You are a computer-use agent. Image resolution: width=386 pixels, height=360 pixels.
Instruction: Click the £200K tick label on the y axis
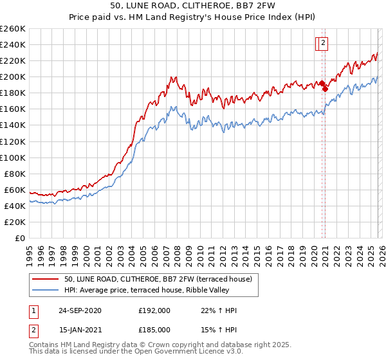click(13, 76)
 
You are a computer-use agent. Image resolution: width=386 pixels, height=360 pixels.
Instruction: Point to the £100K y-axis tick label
click(13, 157)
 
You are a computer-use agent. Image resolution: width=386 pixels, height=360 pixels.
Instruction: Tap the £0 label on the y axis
click(19, 238)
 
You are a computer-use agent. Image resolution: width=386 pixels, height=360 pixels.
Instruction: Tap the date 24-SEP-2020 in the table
click(79, 310)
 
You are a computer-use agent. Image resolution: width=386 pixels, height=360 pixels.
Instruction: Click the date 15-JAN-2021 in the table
click(79, 331)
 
